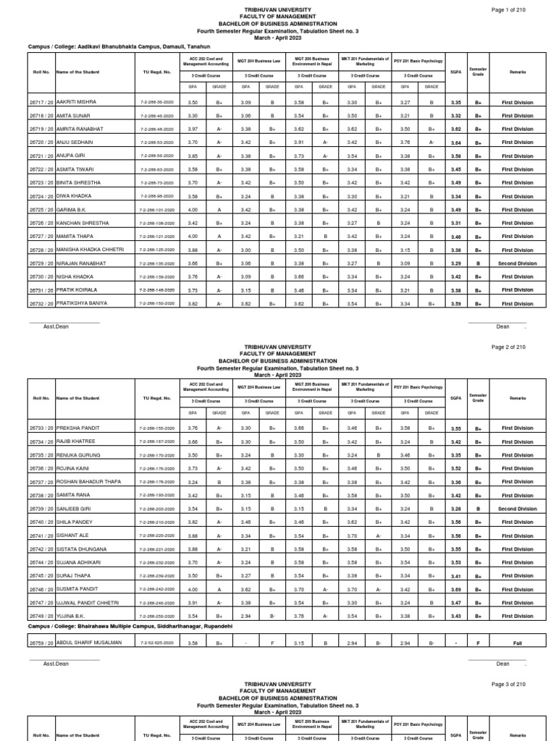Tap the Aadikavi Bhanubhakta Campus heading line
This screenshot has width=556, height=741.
pyautogui.click(x=109, y=46)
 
